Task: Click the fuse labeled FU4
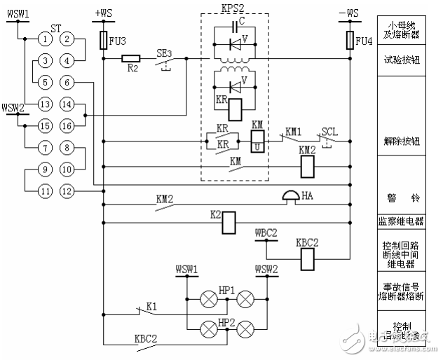(x=349, y=39)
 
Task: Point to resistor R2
(x=131, y=60)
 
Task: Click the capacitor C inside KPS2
(x=236, y=29)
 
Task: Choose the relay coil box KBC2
(x=306, y=260)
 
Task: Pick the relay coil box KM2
(x=306, y=166)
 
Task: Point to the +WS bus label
(x=104, y=12)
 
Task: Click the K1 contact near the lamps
(x=149, y=307)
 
